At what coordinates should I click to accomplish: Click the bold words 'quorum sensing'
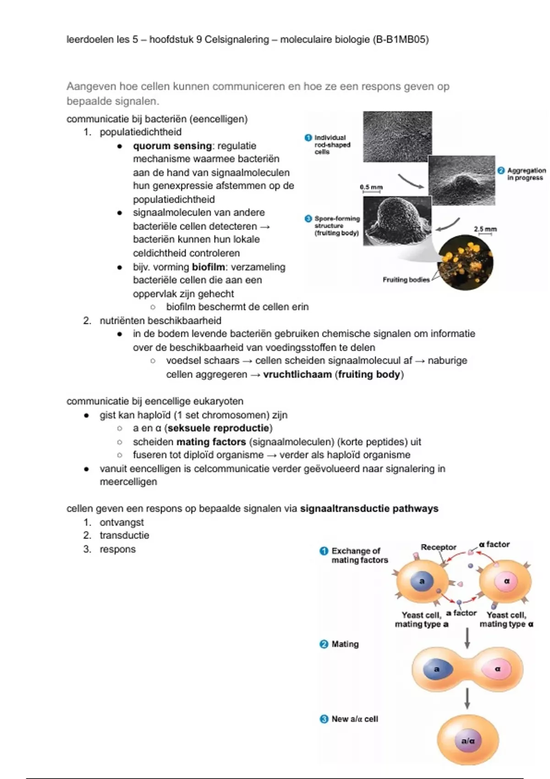[172, 146]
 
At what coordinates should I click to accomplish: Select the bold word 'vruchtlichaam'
[297, 374]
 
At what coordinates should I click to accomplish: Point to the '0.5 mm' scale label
[371, 187]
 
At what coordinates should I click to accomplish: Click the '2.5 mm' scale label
[485, 229]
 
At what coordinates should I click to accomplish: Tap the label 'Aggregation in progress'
[526, 174]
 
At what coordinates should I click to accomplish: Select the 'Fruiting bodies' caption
[406, 280]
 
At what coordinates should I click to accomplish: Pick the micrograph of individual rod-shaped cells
[397, 137]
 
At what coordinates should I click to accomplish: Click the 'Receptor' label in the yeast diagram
[439, 547]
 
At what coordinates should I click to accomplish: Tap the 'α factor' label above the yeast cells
[494, 544]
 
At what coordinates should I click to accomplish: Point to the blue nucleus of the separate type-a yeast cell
[422, 581]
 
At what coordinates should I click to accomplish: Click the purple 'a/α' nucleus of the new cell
[467, 741]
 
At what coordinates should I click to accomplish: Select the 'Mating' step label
[345, 644]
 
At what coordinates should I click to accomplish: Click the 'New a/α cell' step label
[355, 719]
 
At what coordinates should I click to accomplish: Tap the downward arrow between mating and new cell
[467, 698]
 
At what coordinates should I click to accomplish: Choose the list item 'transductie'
[124, 535]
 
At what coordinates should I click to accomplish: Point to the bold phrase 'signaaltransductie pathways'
[369, 509]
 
